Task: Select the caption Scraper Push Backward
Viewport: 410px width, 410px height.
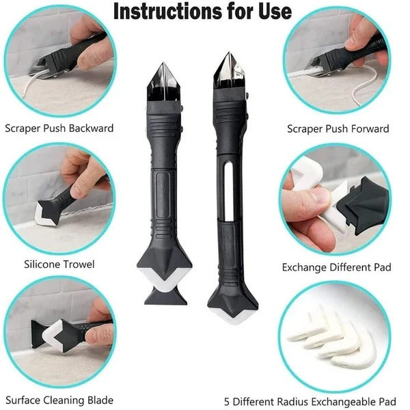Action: pyautogui.click(x=59, y=128)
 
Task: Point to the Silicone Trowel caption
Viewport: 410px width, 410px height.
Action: pyautogui.click(x=59, y=264)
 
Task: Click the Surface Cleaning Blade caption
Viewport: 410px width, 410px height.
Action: pyautogui.click(x=59, y=400)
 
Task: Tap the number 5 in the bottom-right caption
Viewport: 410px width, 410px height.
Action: pyautogui.click(x=226, y=401)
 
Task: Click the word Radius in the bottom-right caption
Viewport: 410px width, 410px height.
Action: pyautogui.click(x=297, y=401)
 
